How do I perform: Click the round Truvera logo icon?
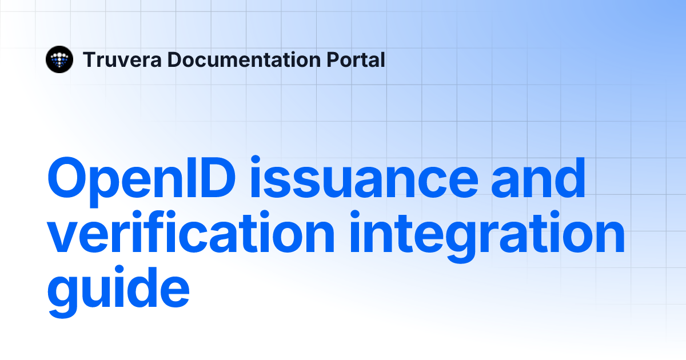(59, 59)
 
